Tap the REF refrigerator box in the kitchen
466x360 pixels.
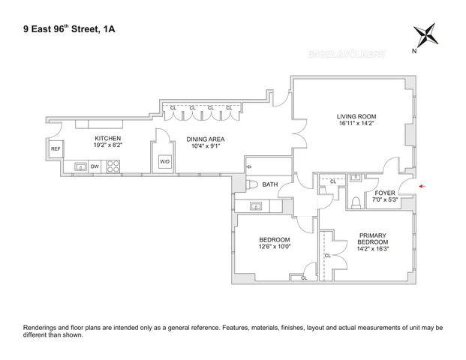tap(56, 149)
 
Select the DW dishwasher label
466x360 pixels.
tap(95, 166)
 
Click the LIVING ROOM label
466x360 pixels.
tap(355, 116)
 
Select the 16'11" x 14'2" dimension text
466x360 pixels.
tap(355, 124)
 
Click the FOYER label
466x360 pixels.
tap(384, 193)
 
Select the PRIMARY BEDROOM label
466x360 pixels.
tap(372, 238)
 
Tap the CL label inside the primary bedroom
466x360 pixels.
tap(327, 256)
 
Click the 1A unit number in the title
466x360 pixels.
tap(109, 30)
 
